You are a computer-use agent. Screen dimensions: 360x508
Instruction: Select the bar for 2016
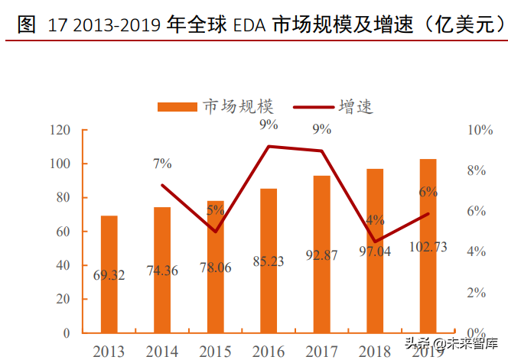click(269, 260)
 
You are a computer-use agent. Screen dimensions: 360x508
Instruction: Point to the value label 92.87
click(321, 256)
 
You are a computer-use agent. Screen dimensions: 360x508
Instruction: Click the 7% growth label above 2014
click(162, 164)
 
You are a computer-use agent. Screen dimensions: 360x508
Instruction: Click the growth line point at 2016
click(269, 146)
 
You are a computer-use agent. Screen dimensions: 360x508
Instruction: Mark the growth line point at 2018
click(375, 242)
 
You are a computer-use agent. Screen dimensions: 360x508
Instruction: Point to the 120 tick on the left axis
click(60, 130)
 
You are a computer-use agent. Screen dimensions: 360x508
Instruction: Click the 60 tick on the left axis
click(63, 232)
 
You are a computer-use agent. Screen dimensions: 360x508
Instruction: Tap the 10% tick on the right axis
click(480, 130)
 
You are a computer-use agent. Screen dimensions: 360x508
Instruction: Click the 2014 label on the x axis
click(162, 351)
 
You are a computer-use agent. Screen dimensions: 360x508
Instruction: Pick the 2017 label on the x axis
click(321, 351)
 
